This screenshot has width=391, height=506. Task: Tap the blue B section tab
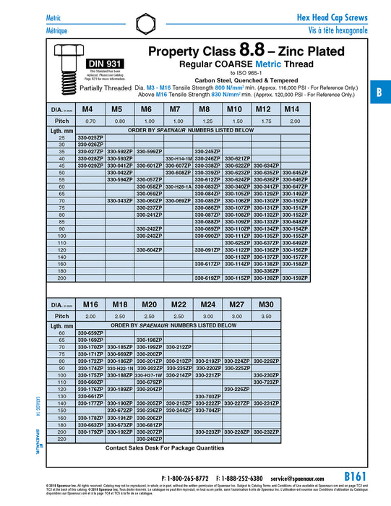click(378, 93)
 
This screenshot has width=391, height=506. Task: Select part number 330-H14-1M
click(179, 158)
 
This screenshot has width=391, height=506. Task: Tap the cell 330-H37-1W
click(149, 375)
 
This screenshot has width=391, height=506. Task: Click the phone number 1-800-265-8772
click(189, 479)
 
